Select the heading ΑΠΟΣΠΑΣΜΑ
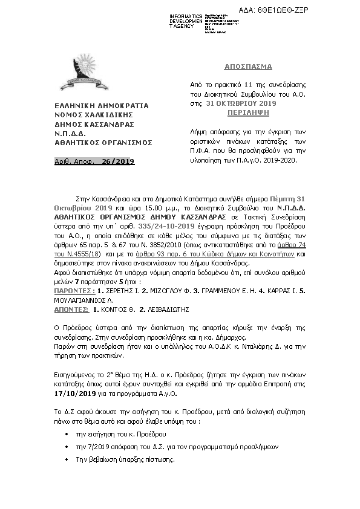coord(253,66)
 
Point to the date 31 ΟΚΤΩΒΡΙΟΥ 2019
coord(241,104)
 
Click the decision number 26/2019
coord(118,161)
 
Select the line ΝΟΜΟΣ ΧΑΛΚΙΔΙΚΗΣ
coord(94,114)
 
